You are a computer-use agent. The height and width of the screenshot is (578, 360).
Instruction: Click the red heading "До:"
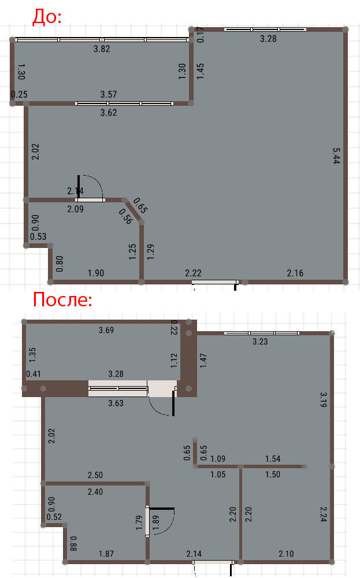47,17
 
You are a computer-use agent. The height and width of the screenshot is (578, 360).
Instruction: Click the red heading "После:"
62,299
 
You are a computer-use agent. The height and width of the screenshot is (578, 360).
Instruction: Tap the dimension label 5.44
336,155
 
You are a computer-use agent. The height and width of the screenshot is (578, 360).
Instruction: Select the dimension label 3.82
102,49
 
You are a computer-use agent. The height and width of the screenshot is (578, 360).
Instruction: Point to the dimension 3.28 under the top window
268,38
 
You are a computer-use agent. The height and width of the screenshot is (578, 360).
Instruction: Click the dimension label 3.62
108,113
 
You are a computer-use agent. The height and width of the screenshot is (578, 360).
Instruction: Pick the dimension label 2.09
75,209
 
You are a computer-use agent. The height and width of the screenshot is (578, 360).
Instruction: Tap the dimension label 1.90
96,273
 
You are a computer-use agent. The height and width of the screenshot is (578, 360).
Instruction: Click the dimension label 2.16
295,273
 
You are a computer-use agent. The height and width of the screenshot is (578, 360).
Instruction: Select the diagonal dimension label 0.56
125,217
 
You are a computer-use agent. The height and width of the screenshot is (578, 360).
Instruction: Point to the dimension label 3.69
106,330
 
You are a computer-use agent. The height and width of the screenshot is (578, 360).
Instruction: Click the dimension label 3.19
323,399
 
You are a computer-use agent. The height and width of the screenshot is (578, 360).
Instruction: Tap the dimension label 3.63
116,403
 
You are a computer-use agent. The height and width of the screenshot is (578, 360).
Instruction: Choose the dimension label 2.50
95,475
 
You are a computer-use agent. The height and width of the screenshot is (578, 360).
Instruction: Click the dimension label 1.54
273,458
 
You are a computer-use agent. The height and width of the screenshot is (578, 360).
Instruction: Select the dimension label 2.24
323,514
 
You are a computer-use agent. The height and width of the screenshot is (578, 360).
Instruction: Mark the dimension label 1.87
106,553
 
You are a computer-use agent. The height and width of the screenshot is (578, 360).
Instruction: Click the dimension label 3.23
260,342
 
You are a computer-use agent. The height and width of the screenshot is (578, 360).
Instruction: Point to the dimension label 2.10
286,553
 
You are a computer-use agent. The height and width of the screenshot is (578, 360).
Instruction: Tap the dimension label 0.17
201,34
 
